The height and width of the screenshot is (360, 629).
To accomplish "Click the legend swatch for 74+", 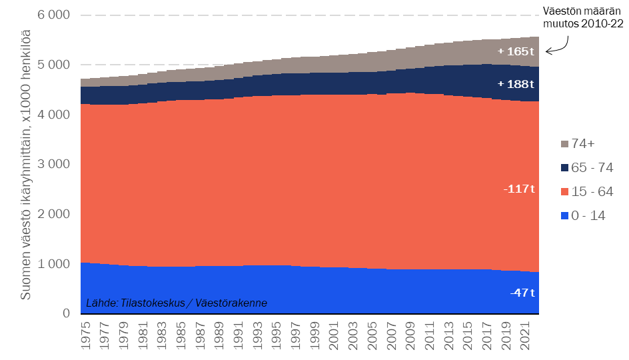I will [564, 144].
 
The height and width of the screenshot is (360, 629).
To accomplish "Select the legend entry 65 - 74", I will [586, 168].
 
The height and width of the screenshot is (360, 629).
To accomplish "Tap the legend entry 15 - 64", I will [586, 192].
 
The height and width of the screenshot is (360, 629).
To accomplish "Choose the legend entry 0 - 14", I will [584, 216].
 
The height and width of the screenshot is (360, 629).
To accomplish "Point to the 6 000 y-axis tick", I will [51, 15].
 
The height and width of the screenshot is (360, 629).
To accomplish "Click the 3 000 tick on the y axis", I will [51, 164].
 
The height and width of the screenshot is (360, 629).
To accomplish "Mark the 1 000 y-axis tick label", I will [51, 264].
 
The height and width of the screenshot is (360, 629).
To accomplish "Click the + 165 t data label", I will [516, 51].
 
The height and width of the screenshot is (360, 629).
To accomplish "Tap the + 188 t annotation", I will [516, 84].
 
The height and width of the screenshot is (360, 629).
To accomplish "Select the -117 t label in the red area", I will [519, 189].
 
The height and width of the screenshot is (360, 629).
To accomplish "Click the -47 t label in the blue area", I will [522, 293].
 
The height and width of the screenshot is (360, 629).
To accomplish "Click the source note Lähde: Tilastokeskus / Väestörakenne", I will [177, 303].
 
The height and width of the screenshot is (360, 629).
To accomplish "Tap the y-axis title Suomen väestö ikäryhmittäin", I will [25, 164].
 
